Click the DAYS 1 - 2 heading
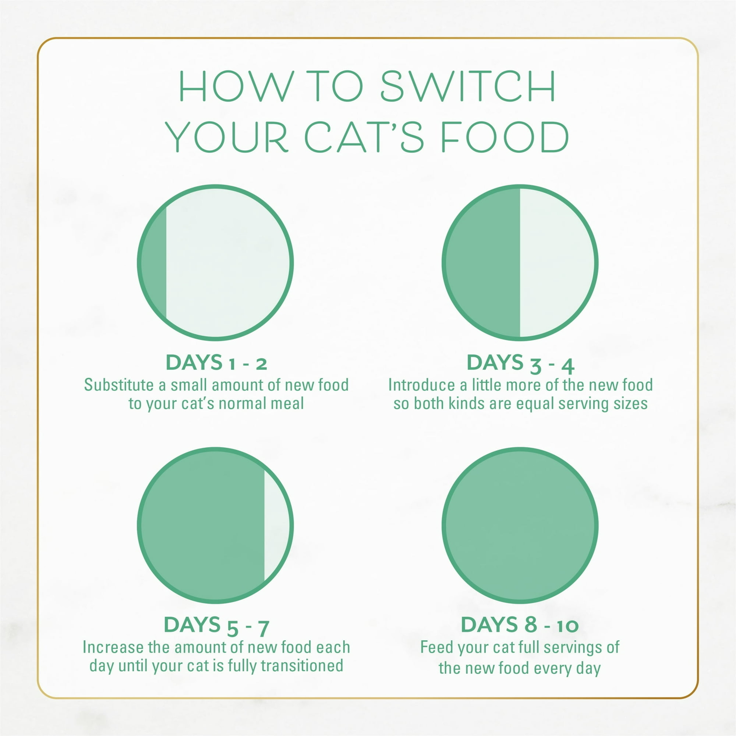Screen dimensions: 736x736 click(x=216, y=363)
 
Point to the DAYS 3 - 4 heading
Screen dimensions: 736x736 click(x=520, y=363)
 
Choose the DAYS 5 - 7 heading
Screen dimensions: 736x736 click(x=216, y=626)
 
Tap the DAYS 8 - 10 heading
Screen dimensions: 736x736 click(x=520, y=625)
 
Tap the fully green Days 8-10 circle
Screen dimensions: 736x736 click(x=520, y=525)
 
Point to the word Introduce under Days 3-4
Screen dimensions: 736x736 click(x=421, y=385)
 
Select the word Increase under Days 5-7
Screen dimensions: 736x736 click(x=113, y=647)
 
